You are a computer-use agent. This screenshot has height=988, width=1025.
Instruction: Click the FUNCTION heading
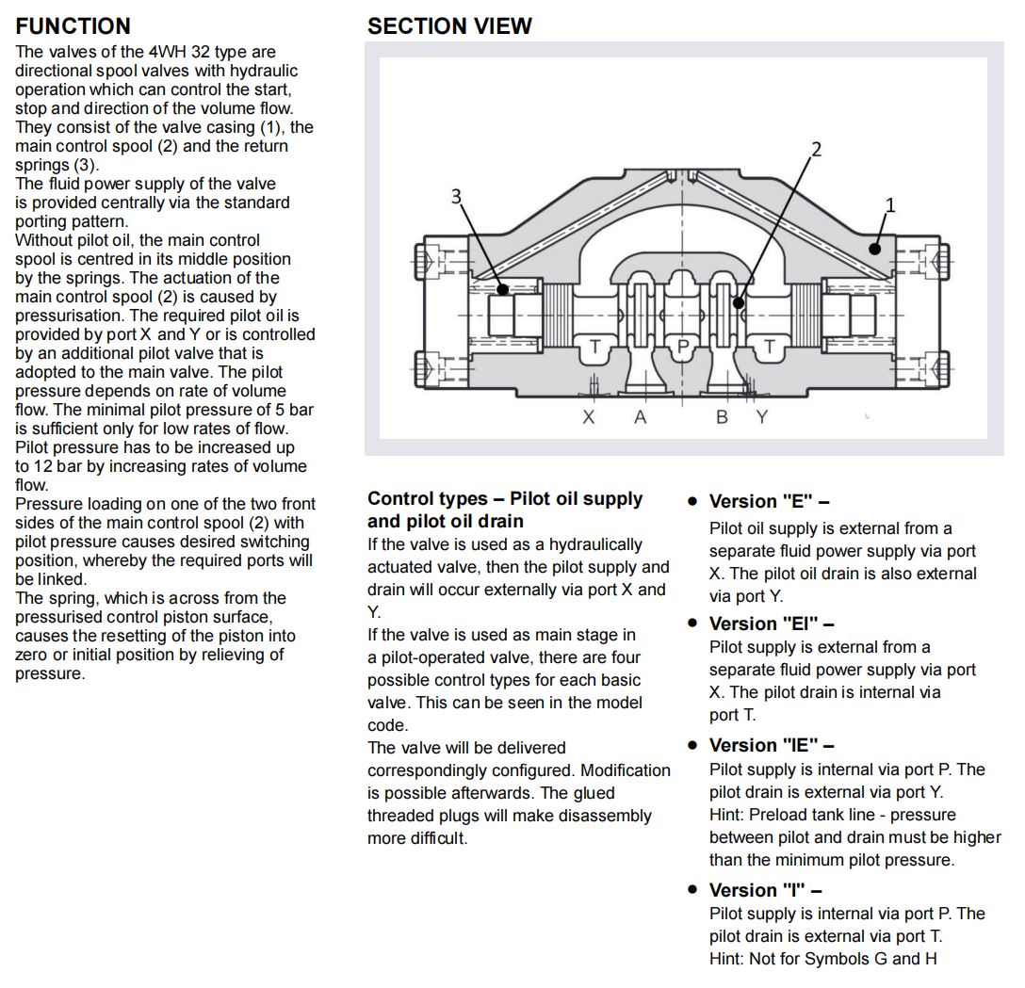[x=73, y=26]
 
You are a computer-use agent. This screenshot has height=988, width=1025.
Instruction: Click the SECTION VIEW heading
[x=449, y=26]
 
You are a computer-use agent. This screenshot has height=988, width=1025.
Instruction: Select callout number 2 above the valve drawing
[x=816, y=149]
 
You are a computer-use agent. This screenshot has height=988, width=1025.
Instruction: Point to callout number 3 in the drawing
[x=457, y=196]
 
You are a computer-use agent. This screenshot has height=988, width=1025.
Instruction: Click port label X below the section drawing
[x=589, y=416]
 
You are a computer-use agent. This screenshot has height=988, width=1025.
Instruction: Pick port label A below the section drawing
[x=641, y=416]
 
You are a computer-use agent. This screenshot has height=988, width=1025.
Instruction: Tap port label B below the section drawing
[x=722, y=416]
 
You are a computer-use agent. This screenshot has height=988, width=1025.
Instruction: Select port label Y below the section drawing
[x=761, y=416]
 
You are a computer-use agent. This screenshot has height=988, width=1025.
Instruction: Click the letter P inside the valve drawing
[x=684, y=348]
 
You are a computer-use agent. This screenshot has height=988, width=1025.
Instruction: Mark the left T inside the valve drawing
[x=595, y=348]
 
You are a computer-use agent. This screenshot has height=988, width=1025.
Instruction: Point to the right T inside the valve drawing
[x=770, y=348]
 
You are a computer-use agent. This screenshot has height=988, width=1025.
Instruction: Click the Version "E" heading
[x=769, y=502]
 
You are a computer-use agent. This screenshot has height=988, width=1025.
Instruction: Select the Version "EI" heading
[x=772, y=624]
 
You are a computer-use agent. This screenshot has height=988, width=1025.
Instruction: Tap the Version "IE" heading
[x=772, y=745]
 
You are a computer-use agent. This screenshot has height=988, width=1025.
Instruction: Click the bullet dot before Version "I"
[x=692, y=890]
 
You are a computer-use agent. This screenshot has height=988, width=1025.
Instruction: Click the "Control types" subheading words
[x=428, y=499]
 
